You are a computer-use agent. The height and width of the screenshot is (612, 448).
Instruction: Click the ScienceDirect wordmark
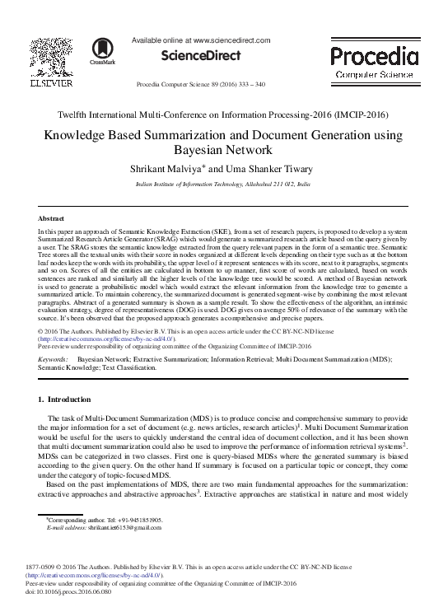202,56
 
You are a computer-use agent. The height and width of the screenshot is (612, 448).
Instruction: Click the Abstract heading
53,218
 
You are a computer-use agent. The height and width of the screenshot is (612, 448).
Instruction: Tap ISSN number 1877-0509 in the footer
55,568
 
